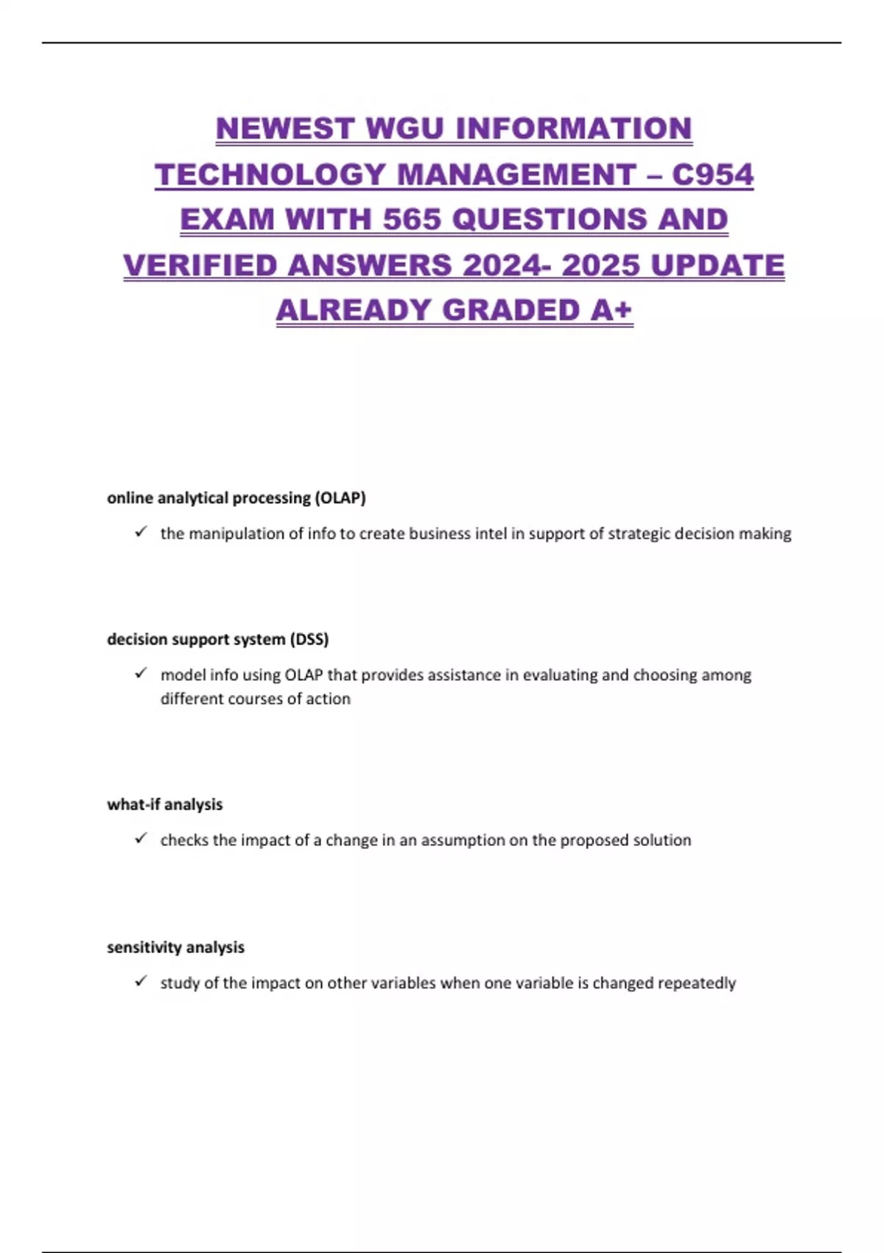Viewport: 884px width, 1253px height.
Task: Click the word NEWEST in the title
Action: (284, 129)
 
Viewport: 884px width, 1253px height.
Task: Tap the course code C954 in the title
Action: (712, 175)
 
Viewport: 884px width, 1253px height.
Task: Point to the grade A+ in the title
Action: (611, 310)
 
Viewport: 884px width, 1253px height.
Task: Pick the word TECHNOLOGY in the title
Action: (270, 175)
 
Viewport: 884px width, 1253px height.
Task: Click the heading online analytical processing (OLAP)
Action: (236, 498)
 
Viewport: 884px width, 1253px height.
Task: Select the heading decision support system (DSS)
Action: (217, 639)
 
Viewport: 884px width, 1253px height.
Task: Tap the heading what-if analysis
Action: (164, 804)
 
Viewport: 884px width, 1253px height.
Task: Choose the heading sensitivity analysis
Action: (175, 947)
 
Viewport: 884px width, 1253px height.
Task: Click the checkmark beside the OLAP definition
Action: (141, 531)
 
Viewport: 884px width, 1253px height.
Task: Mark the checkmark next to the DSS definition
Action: (141, 673)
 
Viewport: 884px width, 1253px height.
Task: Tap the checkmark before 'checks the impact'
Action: (141, 838)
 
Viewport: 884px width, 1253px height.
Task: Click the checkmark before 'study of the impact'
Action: (141, 981)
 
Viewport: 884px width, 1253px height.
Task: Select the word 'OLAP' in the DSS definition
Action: (304, 675)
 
